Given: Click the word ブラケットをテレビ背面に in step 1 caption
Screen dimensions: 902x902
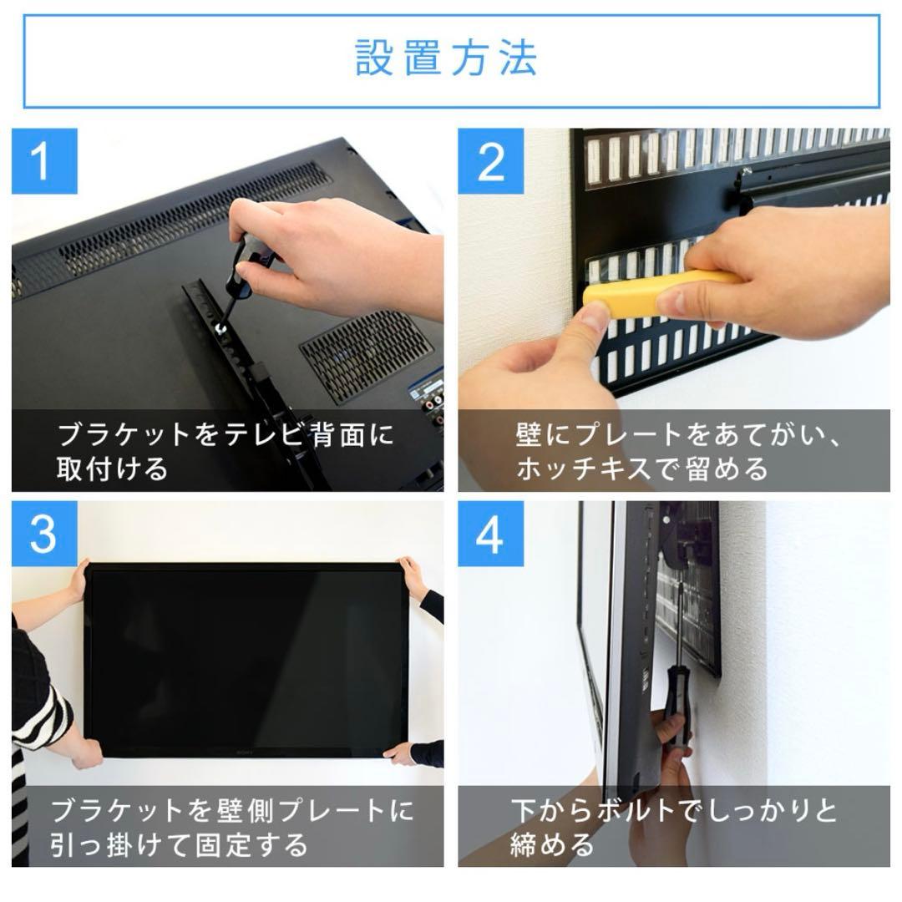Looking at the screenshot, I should click(225, 435).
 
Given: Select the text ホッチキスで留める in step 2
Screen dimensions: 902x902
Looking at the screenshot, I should click(641, 469).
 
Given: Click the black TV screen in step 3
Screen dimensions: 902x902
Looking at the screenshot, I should click(246, 660).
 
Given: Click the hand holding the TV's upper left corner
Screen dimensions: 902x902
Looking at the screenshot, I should click(80, 581).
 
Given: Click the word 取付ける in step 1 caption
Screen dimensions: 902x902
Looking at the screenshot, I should click(112, 469).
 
